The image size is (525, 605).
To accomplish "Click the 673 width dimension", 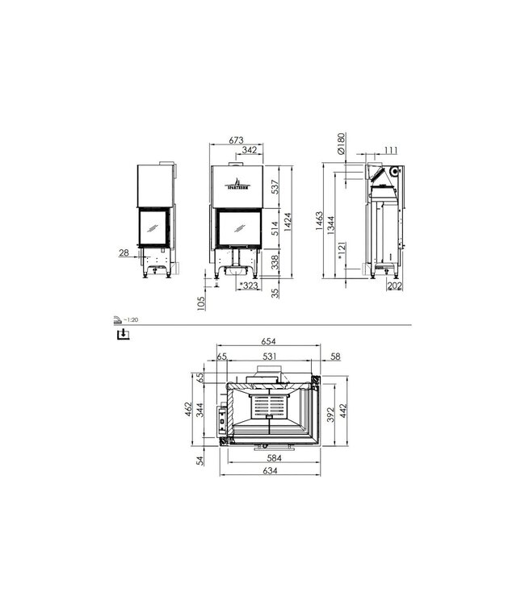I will (x=236, y=140).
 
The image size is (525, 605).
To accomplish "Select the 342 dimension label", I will (x=250, y=151).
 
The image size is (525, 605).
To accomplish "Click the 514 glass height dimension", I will (x=275, y=228).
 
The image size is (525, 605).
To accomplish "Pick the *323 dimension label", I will (x=248, y=286).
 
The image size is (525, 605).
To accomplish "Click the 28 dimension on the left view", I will (x=124, y=253).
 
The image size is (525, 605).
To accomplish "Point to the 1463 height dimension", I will (x=321, y=219).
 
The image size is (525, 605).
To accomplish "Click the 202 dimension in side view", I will (x=395, y=286).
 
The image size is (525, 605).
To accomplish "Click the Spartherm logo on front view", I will (x=238, y=181).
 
